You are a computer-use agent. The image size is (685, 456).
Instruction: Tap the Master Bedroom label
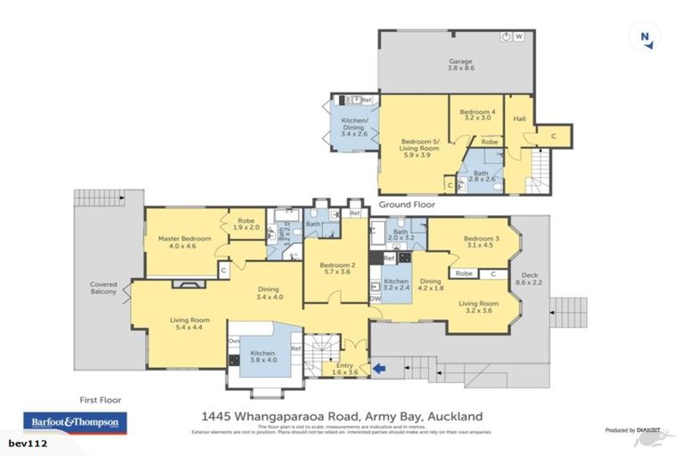[x=184, y=242]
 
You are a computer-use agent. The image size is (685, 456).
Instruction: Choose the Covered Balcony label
[x=103, y=289]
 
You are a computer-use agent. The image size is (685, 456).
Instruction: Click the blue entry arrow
[x=381, y=366]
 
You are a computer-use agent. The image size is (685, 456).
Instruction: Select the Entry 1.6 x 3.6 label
[x=341, y=369]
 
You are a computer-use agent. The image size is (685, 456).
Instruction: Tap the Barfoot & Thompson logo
[x=74, y=422]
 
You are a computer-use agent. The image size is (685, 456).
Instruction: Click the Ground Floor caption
[x=407, y=204]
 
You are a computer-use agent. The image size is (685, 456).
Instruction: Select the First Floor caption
[x=98, y=400]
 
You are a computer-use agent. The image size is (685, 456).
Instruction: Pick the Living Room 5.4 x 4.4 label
[x=191, y=324]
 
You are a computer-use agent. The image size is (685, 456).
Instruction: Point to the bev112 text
[x=28, y=443]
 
